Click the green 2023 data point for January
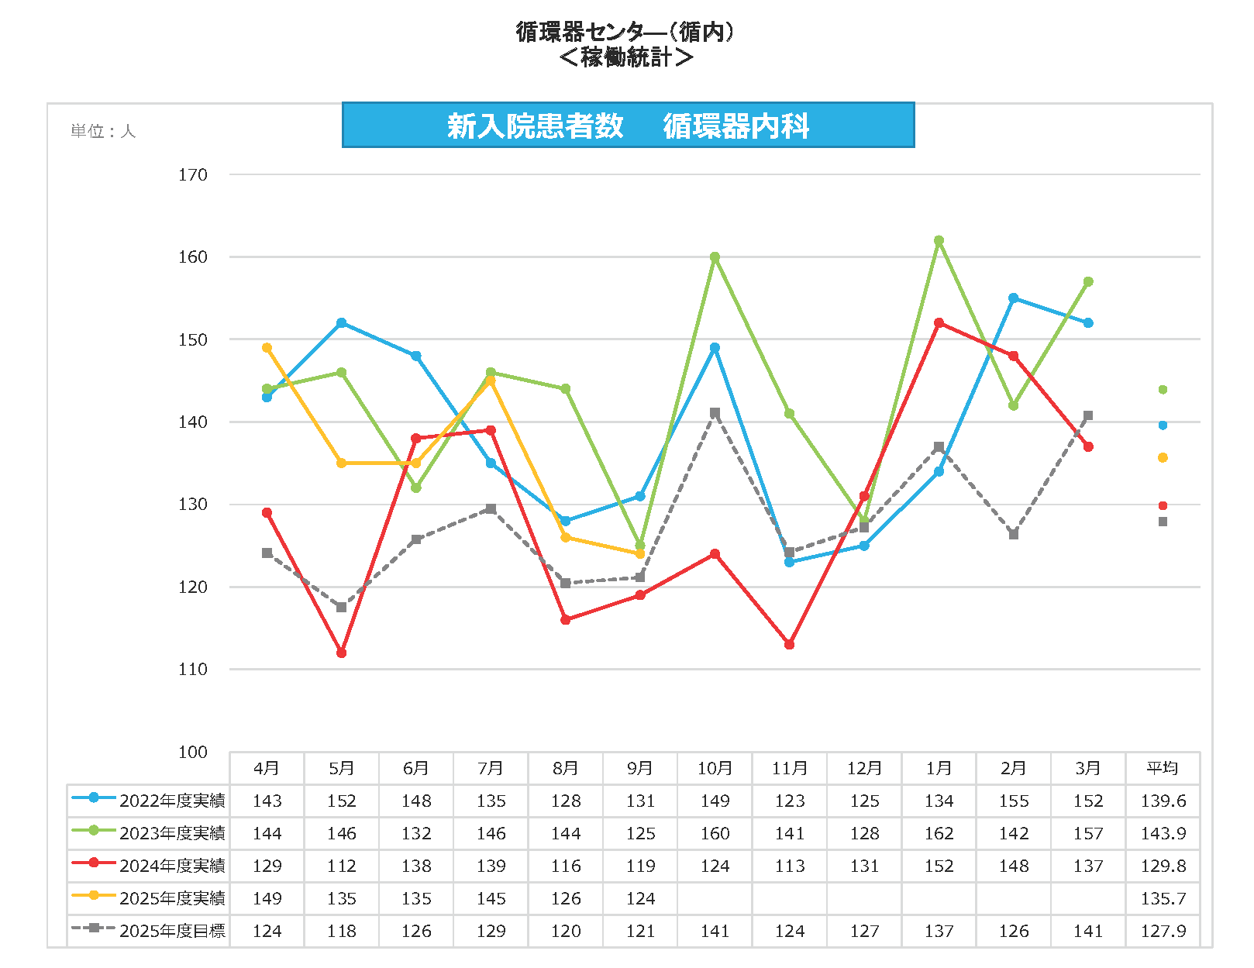(x=939, y=240)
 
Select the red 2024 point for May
(x=341, y=653)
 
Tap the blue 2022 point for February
(x=1013, y=298)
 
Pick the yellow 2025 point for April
(x=267, y=347)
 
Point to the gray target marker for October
(x=715, y=413)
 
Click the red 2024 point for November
(x=789, y=644)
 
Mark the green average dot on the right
(x=1163, y=390)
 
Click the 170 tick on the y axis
(x=193, y=175)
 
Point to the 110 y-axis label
(x=193, y=670)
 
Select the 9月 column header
(x=640, y=768)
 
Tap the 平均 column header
(x=1163, y=768)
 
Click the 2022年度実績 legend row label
(x=172, y=801)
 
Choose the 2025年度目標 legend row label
(x=172, y=931)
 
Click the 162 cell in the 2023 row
(x=939, y=833)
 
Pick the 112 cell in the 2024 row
(x=341, y=866)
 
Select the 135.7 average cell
(x=1163, y=898)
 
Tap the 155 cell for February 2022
(x=1013, y=801)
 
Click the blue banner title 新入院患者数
(x=536, y=126)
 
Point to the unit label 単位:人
(x=103, y=131)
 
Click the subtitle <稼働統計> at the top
(x=626, y=57)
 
